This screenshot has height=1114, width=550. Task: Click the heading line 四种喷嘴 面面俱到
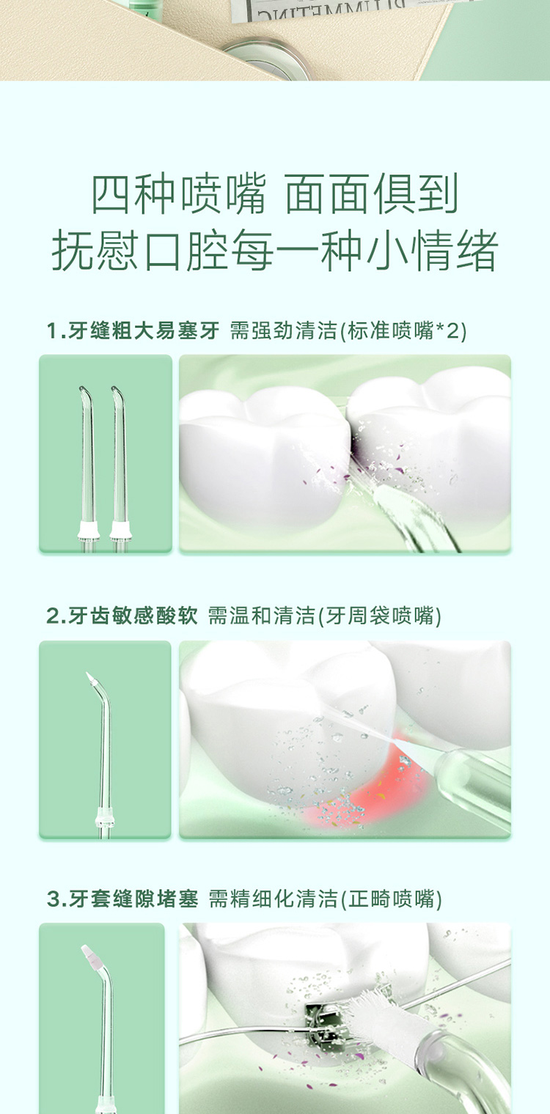click(x=275, y=194)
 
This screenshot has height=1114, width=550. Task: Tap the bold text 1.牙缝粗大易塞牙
click(x=133, y=331)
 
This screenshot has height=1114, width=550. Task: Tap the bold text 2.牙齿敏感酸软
click(x=122, y=616)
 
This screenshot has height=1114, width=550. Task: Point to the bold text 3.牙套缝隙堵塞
click(x=122, y=899)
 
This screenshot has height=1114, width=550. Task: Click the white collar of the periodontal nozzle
click(x=105, y=819)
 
